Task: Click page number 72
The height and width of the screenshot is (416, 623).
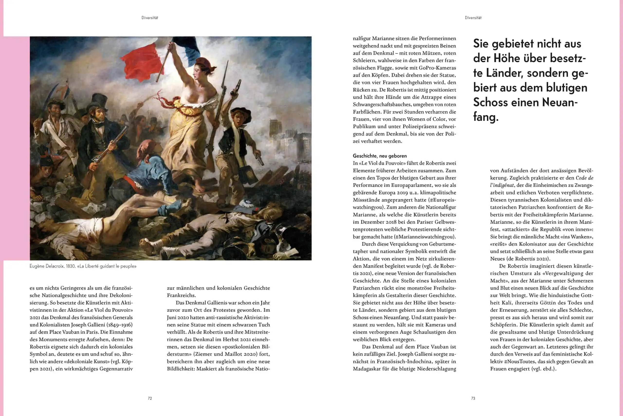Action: pyautogui.click(x=150, y=398)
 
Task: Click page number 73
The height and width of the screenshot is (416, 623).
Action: pyautogui.click(x=473, y=398)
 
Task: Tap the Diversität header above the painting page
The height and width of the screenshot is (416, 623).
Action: pyautogui.click(x=150, y=18)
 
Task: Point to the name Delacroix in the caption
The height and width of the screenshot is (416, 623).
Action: pyautogui.click(x=55, y=266)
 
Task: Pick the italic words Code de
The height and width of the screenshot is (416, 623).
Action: pyautogui.click(x=584, y=178)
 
